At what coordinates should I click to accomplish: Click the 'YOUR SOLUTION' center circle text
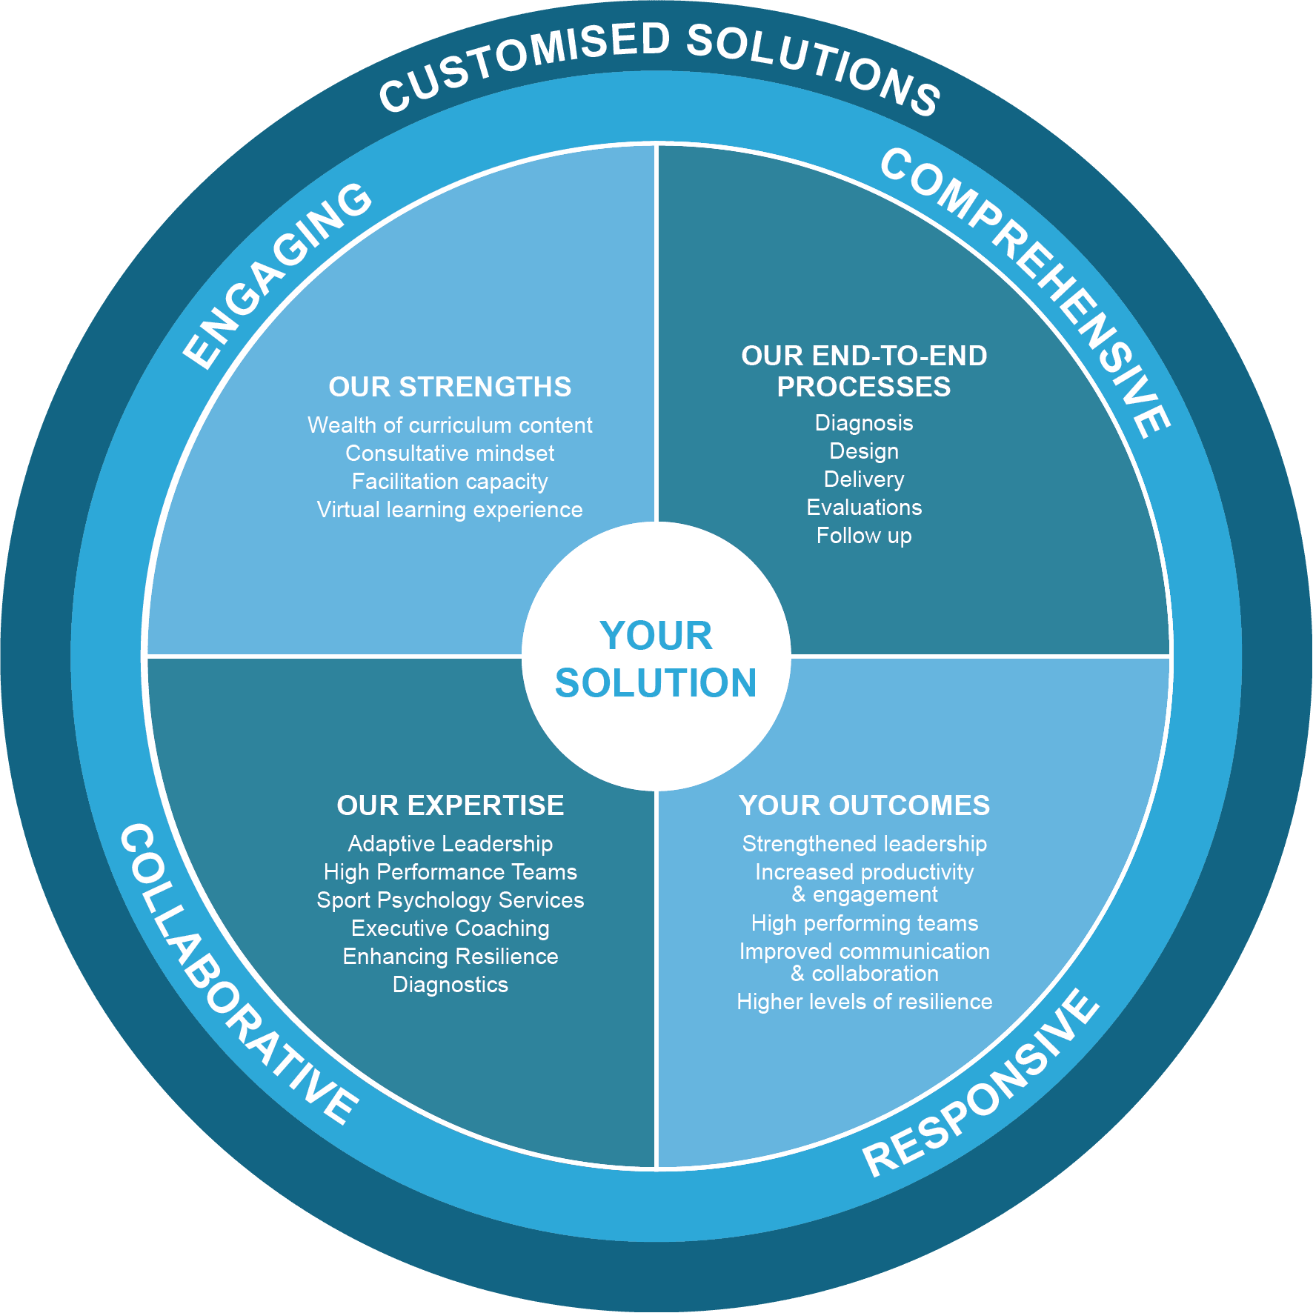pos(656,659)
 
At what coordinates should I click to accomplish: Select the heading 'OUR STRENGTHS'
pos(450,387)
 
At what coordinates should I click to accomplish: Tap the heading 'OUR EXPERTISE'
pos(450,805)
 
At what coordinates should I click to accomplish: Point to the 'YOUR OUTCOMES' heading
pos(864,805)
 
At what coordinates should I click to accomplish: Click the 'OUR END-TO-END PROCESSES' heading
pos(864,371)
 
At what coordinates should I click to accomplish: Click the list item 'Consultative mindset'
pos(450,453)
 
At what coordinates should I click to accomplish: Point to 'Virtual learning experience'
pos(450,510)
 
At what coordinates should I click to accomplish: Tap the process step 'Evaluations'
pos(864,508)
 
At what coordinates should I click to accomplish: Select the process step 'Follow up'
pos(864,536)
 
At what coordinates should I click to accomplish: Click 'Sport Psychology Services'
pos(450,900)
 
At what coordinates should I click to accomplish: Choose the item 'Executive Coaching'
pos(450,928)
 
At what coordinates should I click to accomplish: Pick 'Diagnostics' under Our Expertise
pos(450,985)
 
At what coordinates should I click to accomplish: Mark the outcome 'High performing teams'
pos(864,923)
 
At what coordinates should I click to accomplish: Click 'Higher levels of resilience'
pos(864,1002)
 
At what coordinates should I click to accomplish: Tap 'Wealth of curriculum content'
pos(450,425)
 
